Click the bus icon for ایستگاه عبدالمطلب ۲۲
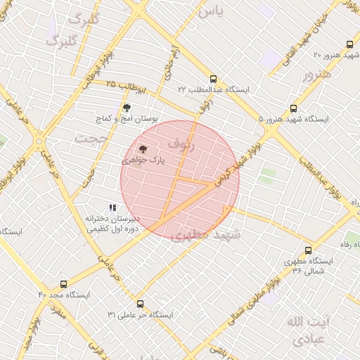point(213,79)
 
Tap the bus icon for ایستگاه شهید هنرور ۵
point(293,109)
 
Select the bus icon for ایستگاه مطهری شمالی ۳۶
point(308,250)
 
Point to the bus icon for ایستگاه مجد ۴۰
point(64,285)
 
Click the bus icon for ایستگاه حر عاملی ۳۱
point(140,304)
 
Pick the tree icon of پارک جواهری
point(143,149)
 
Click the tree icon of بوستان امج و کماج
point(127,108)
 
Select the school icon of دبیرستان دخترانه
point(112,207)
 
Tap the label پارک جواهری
point(144,160)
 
